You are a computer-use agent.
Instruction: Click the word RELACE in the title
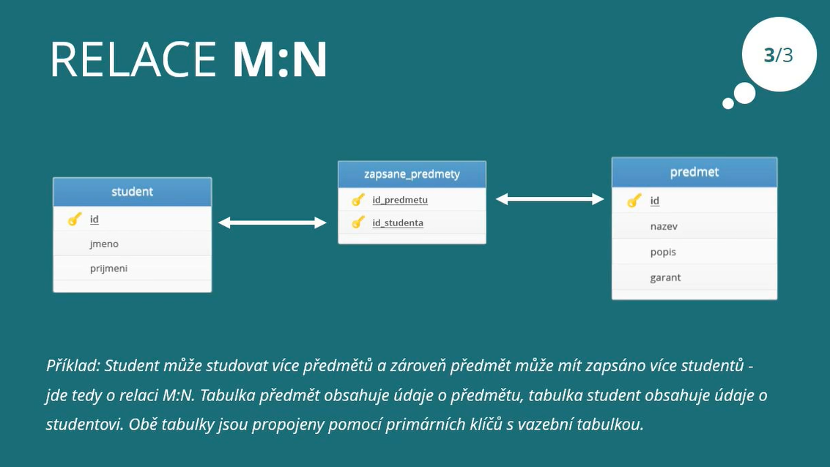133,59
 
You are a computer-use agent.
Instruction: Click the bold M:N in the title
280,59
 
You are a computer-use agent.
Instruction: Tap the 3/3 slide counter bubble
779,54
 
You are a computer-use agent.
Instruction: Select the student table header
133,192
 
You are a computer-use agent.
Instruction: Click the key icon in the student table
75,219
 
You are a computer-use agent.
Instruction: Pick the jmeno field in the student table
104,244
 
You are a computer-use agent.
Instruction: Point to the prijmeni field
108,268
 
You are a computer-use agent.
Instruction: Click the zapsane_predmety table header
412,174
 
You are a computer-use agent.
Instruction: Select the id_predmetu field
400,200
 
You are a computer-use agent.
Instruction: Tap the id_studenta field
398,223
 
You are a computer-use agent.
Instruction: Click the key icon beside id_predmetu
358,200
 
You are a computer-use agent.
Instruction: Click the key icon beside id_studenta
358,223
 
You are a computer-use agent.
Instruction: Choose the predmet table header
694,172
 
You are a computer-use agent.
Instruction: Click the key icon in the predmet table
634,201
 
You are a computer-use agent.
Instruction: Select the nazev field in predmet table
664,226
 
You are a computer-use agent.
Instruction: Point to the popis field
663,253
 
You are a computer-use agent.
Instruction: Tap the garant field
665,277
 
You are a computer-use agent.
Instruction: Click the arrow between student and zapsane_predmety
272,223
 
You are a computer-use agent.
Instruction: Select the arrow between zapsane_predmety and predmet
549,199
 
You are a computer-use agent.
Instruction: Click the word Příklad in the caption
73,365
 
